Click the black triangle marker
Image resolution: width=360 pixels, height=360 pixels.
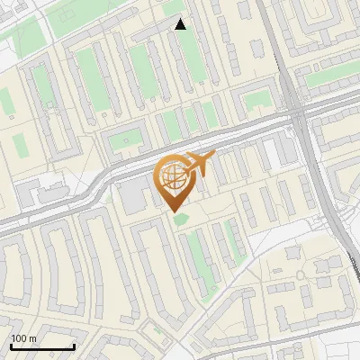(x=181, y=24)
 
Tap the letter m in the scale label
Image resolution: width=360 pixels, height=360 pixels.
(x=33, y=339)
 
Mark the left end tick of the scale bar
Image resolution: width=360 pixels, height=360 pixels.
(x=11, y=346)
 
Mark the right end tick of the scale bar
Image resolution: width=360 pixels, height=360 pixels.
(x=74, y=346)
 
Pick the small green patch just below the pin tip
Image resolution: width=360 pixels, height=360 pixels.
(x=183, y=219)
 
